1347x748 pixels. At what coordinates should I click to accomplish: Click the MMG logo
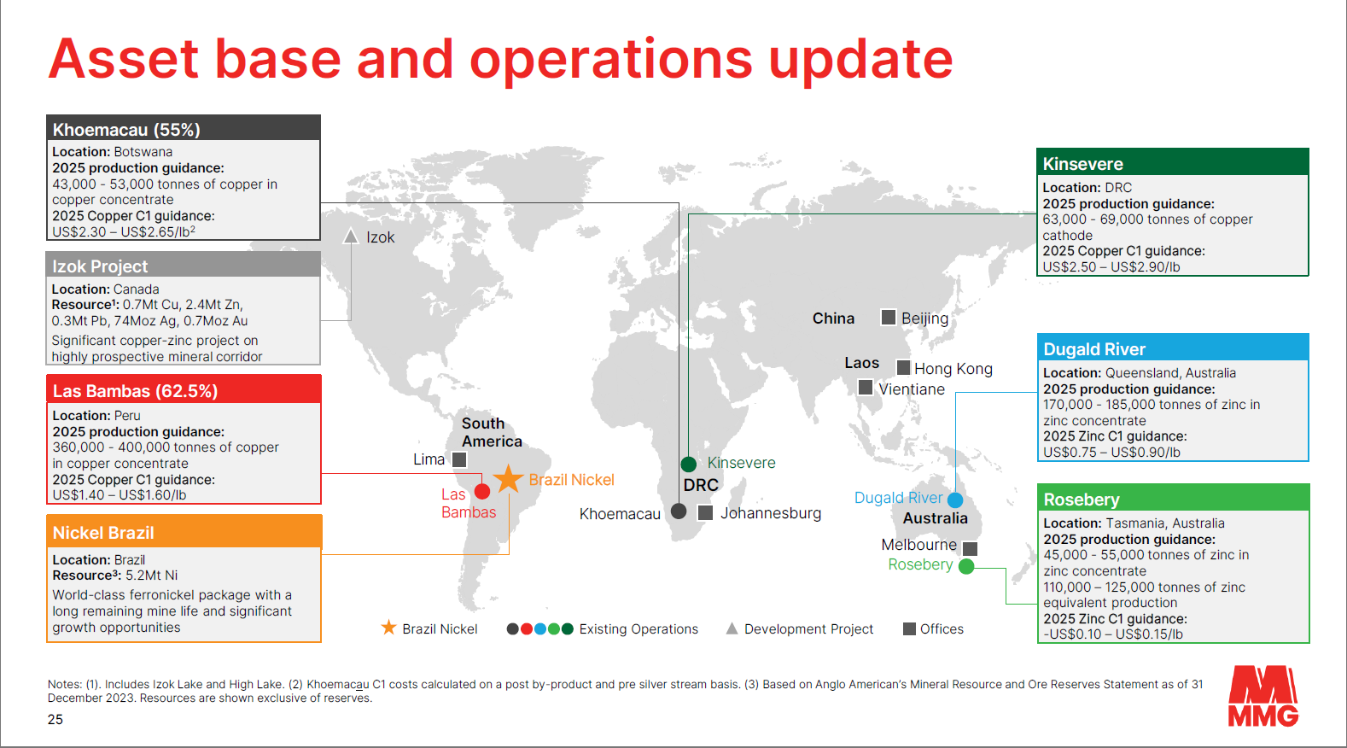1262,696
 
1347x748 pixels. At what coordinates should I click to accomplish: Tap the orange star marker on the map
508,479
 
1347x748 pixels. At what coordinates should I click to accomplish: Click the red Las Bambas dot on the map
482,492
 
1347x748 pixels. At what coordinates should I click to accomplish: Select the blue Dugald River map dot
955,500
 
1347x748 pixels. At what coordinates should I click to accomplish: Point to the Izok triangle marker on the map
351,236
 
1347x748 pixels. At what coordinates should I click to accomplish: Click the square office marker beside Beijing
888,317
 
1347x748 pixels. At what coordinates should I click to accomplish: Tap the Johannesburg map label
770,513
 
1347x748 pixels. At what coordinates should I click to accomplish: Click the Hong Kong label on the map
953,369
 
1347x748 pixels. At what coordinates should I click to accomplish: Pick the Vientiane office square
866,387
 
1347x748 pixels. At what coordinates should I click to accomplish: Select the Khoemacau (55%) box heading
126,130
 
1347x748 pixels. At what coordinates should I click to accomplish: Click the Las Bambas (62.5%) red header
184,390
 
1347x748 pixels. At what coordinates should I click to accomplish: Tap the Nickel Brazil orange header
184,532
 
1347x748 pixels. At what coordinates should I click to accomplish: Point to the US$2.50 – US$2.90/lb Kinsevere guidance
1111,266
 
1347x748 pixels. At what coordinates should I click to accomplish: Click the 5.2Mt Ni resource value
152,576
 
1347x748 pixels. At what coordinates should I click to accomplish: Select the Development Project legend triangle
732,628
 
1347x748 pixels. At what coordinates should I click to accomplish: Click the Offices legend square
909,628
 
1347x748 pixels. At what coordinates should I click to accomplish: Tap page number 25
55,719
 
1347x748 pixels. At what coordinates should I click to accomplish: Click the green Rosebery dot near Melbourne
965,566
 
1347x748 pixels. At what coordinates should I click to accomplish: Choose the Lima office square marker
459,459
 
